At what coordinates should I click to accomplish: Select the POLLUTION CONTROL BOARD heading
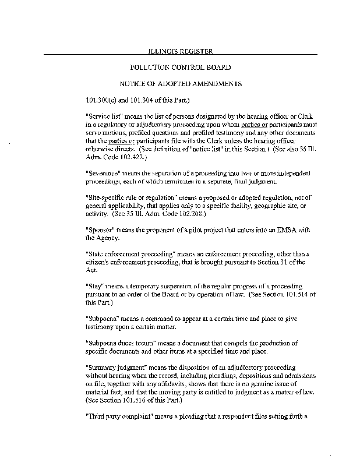click(x=179, y=68)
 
